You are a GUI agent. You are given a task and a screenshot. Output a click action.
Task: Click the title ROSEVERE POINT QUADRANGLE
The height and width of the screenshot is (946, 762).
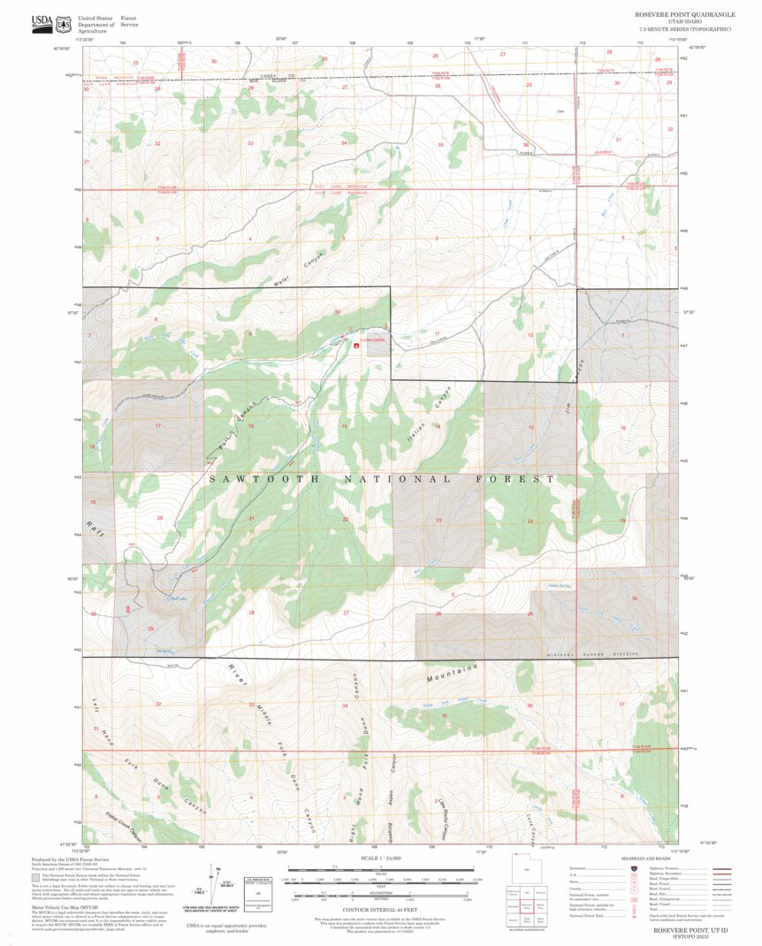[683, 15]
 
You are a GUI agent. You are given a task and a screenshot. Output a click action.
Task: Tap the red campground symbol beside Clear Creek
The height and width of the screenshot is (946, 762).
[355, 347]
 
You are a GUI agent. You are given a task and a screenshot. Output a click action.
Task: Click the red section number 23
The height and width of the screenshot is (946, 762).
[438, 520]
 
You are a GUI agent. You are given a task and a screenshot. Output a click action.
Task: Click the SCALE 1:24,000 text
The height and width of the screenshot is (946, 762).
[381, 858]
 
